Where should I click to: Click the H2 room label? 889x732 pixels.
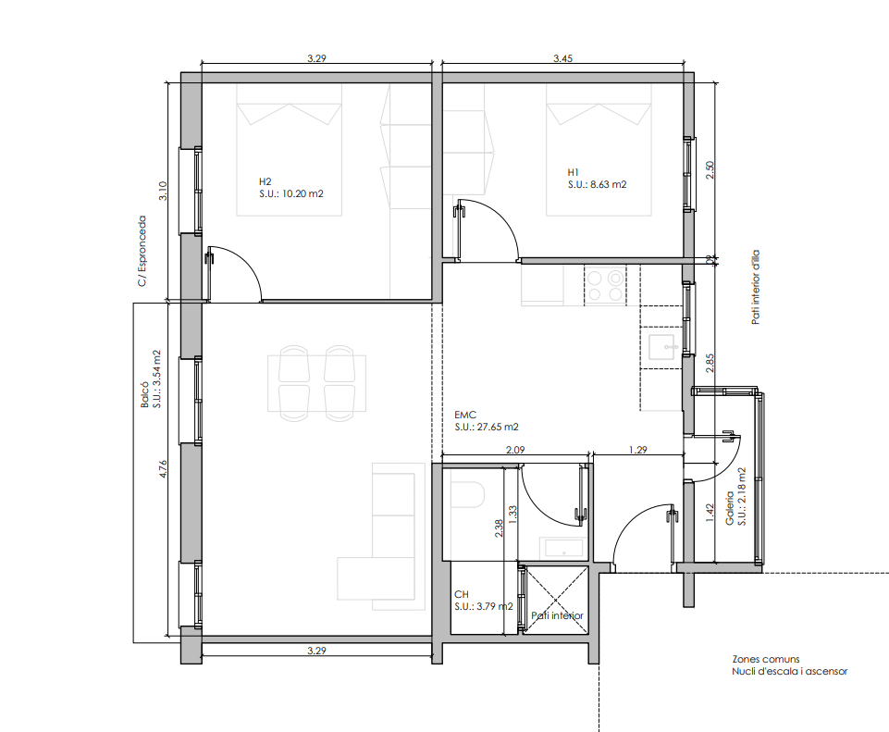pos(265,181)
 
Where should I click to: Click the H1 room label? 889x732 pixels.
pos(574,172)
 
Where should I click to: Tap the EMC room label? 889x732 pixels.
pos(465,415)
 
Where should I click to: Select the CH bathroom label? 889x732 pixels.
pos(462,594)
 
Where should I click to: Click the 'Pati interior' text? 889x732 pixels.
pos(557,615)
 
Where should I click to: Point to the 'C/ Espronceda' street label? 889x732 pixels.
pos(142,251)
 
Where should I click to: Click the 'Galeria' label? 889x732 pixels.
pos(730,508)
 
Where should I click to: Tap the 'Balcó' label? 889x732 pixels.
pos(145,394)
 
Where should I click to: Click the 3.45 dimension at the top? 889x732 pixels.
pos(562,57)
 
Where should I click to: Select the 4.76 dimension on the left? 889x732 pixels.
pos(163,469)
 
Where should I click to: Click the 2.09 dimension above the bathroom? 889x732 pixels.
pos(514,450)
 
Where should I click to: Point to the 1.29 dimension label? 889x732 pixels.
pos(637,450)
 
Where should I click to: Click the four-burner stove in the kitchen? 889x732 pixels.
pos(604,286)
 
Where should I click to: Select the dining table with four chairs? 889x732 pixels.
pos(317,383)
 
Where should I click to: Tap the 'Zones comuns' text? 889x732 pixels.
pos(766,659)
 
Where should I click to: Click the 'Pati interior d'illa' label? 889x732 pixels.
pos(755,288)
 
